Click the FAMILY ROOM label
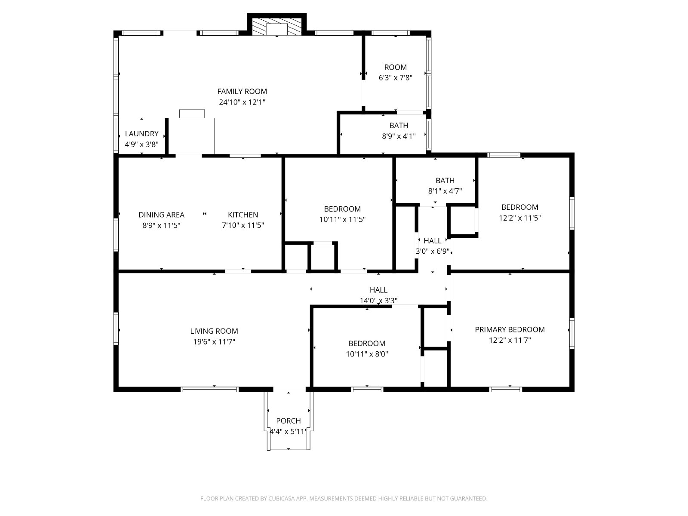(242, 92)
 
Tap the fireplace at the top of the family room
(277, 26)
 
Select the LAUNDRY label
(141, 134)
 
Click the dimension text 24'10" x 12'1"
(242, 102)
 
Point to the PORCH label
(289, 421)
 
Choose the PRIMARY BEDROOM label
(510, 329)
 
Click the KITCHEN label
(243, 215)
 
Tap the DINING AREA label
(161, 215)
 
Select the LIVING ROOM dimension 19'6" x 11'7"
(214, 341)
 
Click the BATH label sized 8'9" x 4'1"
(399, 126)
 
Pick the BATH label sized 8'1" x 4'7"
(445, 181)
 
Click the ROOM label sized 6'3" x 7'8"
(396, 67)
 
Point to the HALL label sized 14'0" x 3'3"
(378, 290)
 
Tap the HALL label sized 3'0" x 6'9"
(433, 241)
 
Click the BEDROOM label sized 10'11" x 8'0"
(367, 344)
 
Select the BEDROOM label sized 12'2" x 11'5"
(520, 207)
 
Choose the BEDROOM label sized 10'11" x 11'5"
(342, 209)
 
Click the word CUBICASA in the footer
(282, 498)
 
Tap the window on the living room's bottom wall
(209, 390)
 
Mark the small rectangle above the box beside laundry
(192, 114)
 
